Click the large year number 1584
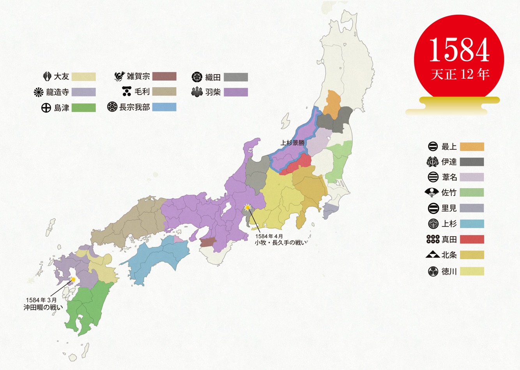pyautogui.click(x=459, y=51)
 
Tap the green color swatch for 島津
pyautogui.click(x=84, y=108)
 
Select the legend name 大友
pyautogui.click(x=61, y=76)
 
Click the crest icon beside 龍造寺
pyautogui.click(x=39, y=92)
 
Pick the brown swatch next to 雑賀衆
pyautogui.click(x=164, y=76)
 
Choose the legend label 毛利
pyautogui.click(x=142, y=92)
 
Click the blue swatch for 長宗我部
pyautogui.click(x=164, y=107)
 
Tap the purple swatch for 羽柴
pyautogui.click(x=236, y=92)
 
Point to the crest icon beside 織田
pyautogui.click(x=197, y=77)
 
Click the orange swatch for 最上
pyautogui.click(x=472, y=147)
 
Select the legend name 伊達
pyautogui.click(x=449, y=162)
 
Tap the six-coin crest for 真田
pyautogui.click(x=433, y=239)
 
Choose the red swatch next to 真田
pyautogui.click(x=472, y=239)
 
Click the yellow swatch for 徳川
pyautogui.click(x=472, y=271)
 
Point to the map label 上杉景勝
pyautogui.click(x=292, y=143)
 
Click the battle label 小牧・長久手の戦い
pyautogui.click(x=281, y=243)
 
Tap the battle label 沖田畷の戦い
pyautogui.click(x=43, y=307)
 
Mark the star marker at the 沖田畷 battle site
pyautogui.click(x=73, y=279)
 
